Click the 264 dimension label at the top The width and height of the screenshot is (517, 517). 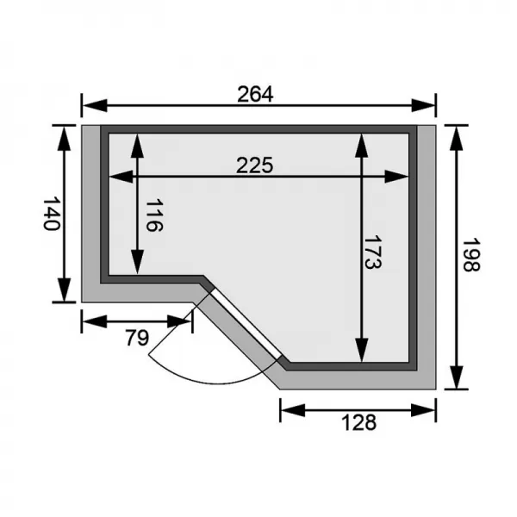(255, 95)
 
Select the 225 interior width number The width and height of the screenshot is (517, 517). (255, 166)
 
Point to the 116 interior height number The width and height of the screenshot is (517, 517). (153, 215)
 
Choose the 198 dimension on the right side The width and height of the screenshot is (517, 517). (470, 256)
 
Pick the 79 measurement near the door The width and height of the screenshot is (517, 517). (136, 337)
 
